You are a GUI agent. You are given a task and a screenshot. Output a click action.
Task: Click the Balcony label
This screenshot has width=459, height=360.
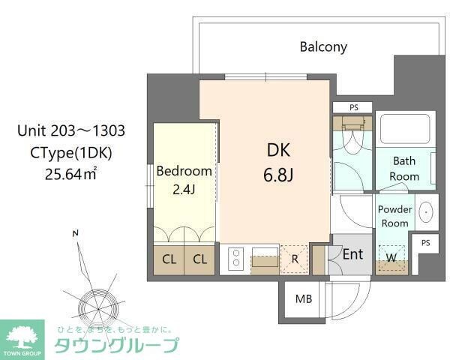coord(323,46)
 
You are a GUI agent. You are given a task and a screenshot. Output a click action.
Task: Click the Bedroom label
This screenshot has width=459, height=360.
coord(184,171)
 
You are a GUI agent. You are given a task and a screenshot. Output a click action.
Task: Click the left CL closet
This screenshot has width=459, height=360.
coord(169,259)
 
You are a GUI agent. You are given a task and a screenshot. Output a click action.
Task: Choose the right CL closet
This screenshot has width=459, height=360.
coord(199,259)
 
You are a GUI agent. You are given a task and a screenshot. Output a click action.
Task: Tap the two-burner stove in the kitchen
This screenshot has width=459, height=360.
coord(235,259)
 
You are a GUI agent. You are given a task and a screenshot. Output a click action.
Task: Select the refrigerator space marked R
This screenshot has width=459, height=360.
coord(295,259)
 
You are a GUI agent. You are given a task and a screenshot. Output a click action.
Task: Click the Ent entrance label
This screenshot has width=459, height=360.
coord(352,254)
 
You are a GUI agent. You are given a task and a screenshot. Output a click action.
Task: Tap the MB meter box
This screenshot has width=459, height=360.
coord(303,299)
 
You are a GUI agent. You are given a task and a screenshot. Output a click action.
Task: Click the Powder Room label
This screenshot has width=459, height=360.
coord(394,216)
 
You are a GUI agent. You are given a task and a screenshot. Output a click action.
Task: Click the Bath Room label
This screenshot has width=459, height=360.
coord(405,168)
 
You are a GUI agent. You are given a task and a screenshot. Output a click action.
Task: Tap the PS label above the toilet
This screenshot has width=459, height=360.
coord(353,107)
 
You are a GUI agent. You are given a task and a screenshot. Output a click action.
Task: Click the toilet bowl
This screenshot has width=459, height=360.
coord(351,139)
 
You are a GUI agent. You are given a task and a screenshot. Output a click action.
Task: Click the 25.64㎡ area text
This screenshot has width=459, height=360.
coord(70,175)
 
